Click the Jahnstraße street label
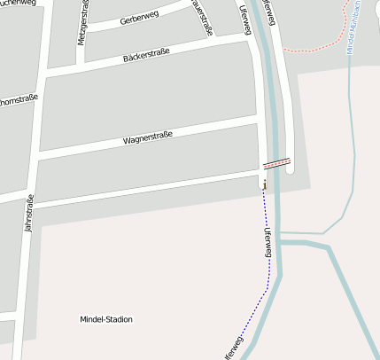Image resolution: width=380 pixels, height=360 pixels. point(28,214)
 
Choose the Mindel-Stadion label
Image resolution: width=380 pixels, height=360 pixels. point(106,319)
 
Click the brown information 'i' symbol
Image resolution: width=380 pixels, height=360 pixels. point(264,184)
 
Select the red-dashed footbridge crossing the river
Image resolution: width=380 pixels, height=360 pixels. point(276,163)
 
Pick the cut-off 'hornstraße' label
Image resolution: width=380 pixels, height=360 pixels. point(18,99)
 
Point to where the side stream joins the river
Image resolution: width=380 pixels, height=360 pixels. point(280,240)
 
